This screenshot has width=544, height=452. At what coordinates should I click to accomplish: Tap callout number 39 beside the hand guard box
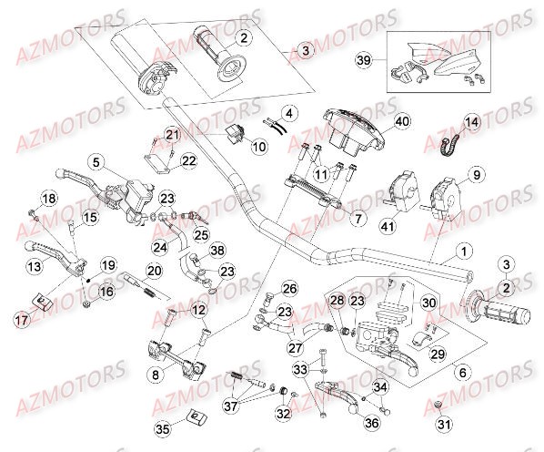[363, 59]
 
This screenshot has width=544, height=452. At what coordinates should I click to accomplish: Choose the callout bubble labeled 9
[475, 174]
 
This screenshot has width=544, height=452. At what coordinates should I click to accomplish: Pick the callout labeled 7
[358, 220]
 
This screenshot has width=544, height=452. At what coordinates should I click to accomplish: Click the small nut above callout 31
[438, 403]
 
